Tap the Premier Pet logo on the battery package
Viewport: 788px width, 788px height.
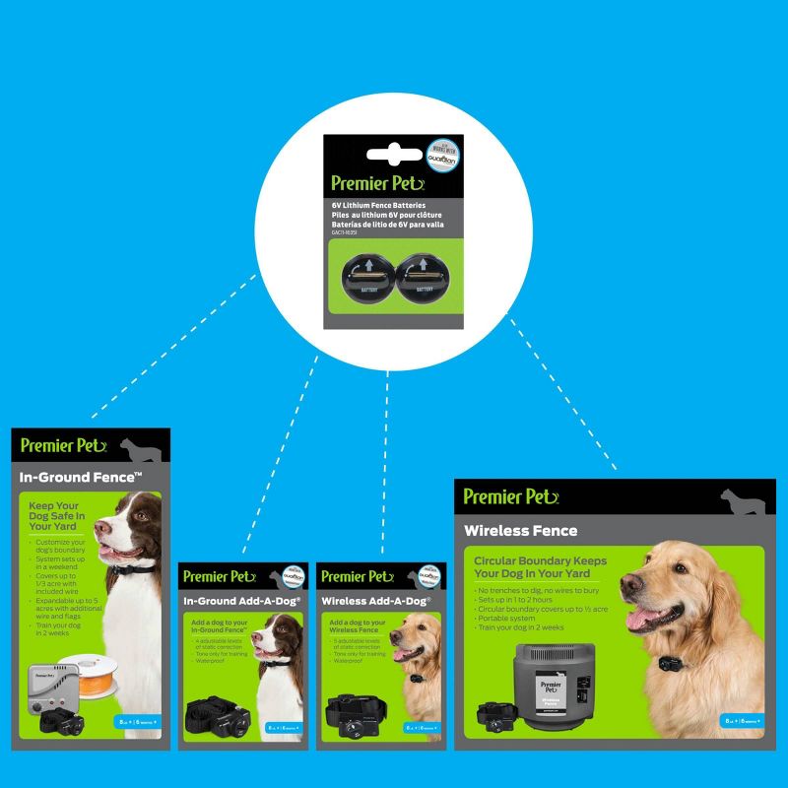tap(378, 182)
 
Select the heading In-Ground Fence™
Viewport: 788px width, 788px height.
tap(82, 479)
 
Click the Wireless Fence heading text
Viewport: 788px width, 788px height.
tap(521, 530)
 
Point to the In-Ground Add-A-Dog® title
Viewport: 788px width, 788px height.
tap(241, 600)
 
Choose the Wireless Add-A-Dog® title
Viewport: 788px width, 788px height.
tap(373, 600)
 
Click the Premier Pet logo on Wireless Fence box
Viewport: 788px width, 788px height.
tap(511, 495)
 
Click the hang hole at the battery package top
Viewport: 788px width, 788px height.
tap(393, 153)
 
